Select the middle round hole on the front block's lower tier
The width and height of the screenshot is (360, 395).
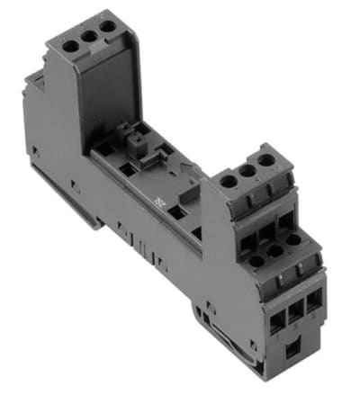pyautogui.click(x=278, y=252)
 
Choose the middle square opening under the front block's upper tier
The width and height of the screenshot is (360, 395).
pyautogui.click(x=264, y=226)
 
